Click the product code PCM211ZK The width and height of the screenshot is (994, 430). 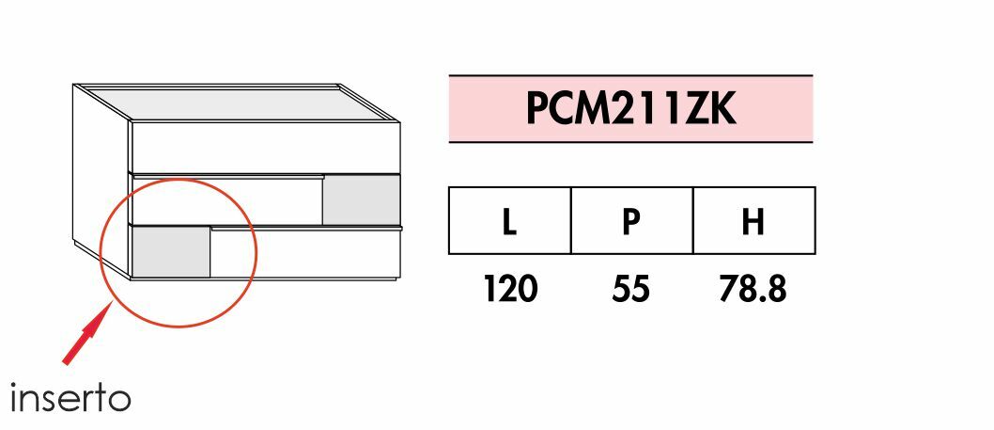point(630,109)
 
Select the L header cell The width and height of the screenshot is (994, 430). point(509,221)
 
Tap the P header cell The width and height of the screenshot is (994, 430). point(631,221)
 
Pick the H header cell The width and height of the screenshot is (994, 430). point(753,221)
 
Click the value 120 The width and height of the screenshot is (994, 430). point(510,289)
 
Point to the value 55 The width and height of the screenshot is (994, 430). point(630,289)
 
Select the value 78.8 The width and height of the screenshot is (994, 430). point(752,289)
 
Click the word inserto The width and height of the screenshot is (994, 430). point(70,398)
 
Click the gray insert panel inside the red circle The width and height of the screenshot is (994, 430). point(170,252)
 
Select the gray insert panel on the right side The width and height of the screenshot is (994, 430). point(362,199)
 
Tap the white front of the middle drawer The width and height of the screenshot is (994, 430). point(225,199)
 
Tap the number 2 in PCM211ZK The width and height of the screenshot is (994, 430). point(632,109)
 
